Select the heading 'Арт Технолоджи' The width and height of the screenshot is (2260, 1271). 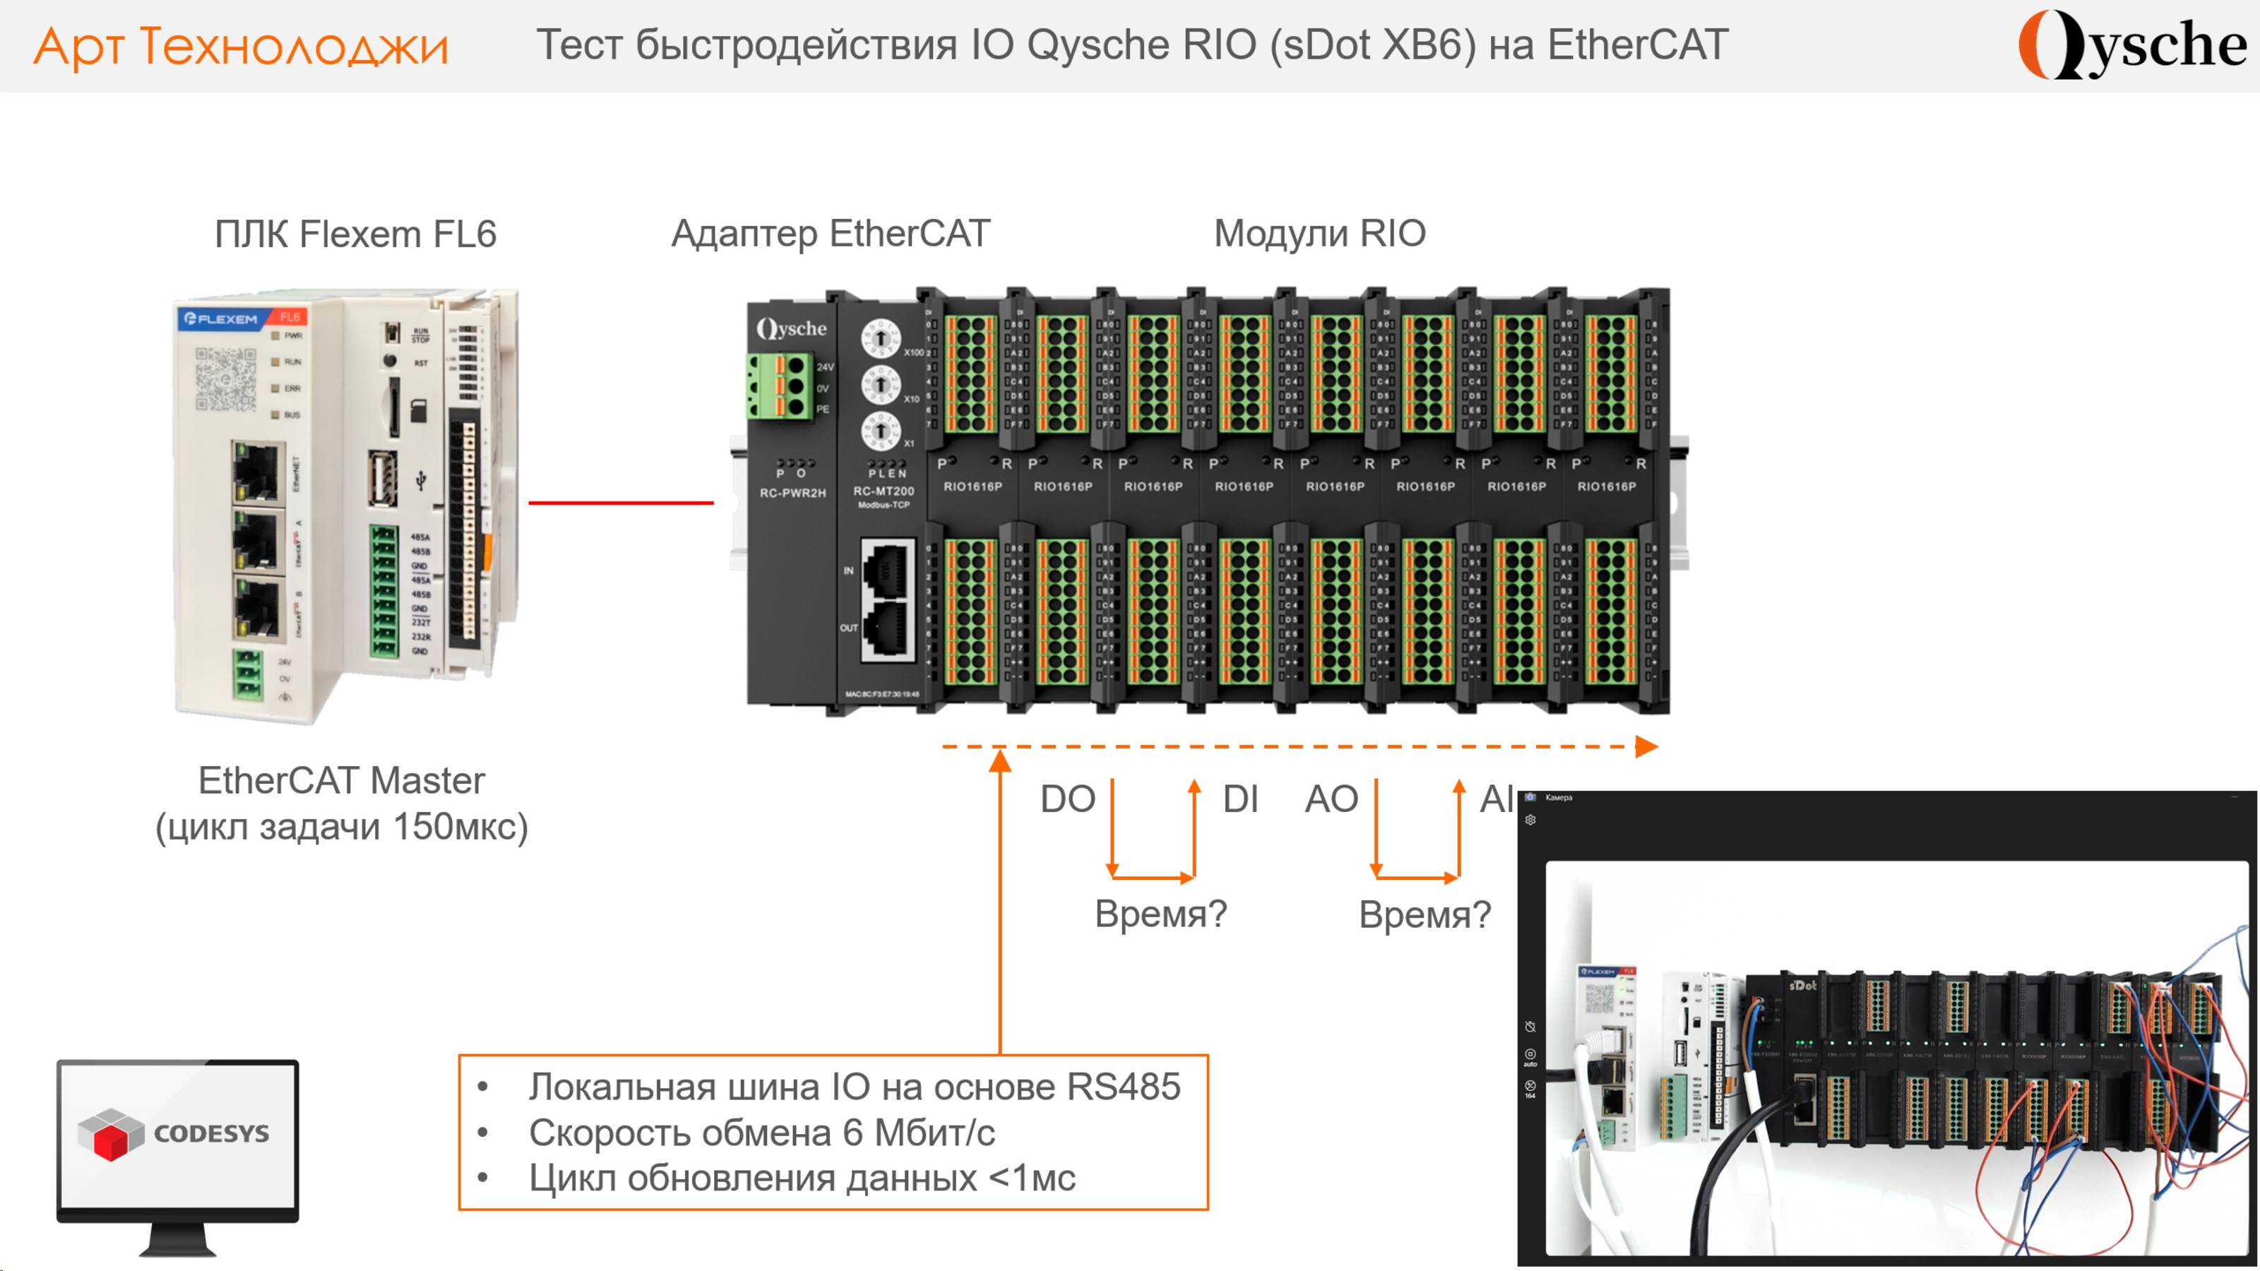(242, 46)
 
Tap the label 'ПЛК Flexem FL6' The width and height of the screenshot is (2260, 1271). (355, 234)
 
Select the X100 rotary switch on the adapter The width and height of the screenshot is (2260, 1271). (880, 338)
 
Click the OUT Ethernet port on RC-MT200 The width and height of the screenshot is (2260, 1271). (888, 627)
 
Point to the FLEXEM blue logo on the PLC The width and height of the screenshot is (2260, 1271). (220, 318)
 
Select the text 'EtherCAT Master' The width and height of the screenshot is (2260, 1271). (341, 780)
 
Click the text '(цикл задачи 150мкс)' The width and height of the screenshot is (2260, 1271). (341, 826)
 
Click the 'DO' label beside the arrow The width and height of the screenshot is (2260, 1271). (1067, 799)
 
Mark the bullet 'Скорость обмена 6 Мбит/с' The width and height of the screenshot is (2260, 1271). (761, 1133)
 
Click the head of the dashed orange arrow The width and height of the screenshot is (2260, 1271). (1647, 746)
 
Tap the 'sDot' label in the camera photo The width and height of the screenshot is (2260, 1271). (1802, 985)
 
